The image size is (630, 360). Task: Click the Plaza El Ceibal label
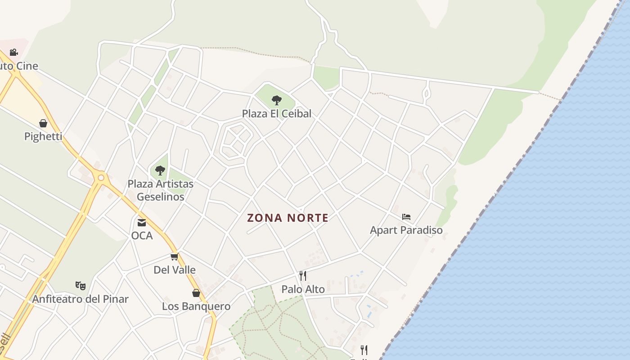(276, 114)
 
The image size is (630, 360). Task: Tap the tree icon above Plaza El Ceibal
(276, 100)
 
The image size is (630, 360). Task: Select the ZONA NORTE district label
(288, 218)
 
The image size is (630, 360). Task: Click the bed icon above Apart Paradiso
(406, 217)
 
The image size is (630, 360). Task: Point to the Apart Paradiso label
(406, 230)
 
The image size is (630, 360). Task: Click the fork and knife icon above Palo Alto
(303, 275)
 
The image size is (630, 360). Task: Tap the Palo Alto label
(303, 289)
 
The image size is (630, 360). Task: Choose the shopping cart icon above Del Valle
(174, 256)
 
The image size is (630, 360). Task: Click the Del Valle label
(175, 270)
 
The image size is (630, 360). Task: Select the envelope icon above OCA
(142, 222)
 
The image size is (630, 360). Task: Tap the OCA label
(142, 236)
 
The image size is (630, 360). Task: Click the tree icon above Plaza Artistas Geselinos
(160, 171)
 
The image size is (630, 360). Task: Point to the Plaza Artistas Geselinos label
(160, 190)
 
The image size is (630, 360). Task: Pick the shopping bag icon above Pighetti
(43, 123)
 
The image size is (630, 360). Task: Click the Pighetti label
(43, 137)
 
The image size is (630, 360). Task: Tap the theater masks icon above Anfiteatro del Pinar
(81, 285)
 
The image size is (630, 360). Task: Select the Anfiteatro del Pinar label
(80, 299)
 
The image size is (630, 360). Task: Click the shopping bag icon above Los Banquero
(196, 293)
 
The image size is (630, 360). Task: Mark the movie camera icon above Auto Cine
(13, 52)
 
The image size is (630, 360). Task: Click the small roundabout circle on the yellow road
(101, 178)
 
